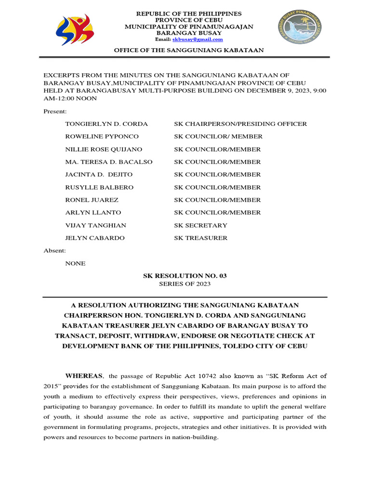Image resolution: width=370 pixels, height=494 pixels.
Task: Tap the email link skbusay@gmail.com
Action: [198, 40]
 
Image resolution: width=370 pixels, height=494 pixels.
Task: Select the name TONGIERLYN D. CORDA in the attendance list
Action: [106, 124]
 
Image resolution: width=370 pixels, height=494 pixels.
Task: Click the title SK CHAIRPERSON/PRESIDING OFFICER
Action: [240, 124]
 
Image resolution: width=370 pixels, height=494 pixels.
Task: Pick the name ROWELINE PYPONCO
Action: [102, 137]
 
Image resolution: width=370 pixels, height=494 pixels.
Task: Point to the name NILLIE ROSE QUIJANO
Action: [104, 150]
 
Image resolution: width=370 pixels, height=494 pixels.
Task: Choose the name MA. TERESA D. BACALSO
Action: [109, 162]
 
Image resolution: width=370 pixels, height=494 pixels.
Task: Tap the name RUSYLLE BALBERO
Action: [99, 187]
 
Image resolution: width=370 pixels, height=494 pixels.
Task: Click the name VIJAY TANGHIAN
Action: [95, 225]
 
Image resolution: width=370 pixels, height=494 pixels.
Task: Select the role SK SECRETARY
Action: [200, 225]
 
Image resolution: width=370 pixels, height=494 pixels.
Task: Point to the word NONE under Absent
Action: [75, 263]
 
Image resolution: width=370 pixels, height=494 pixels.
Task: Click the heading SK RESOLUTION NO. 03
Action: [185, 276]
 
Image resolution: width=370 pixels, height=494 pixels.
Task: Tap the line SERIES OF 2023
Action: [185, 284]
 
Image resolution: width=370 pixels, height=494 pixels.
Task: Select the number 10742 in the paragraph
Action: [195, 376]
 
